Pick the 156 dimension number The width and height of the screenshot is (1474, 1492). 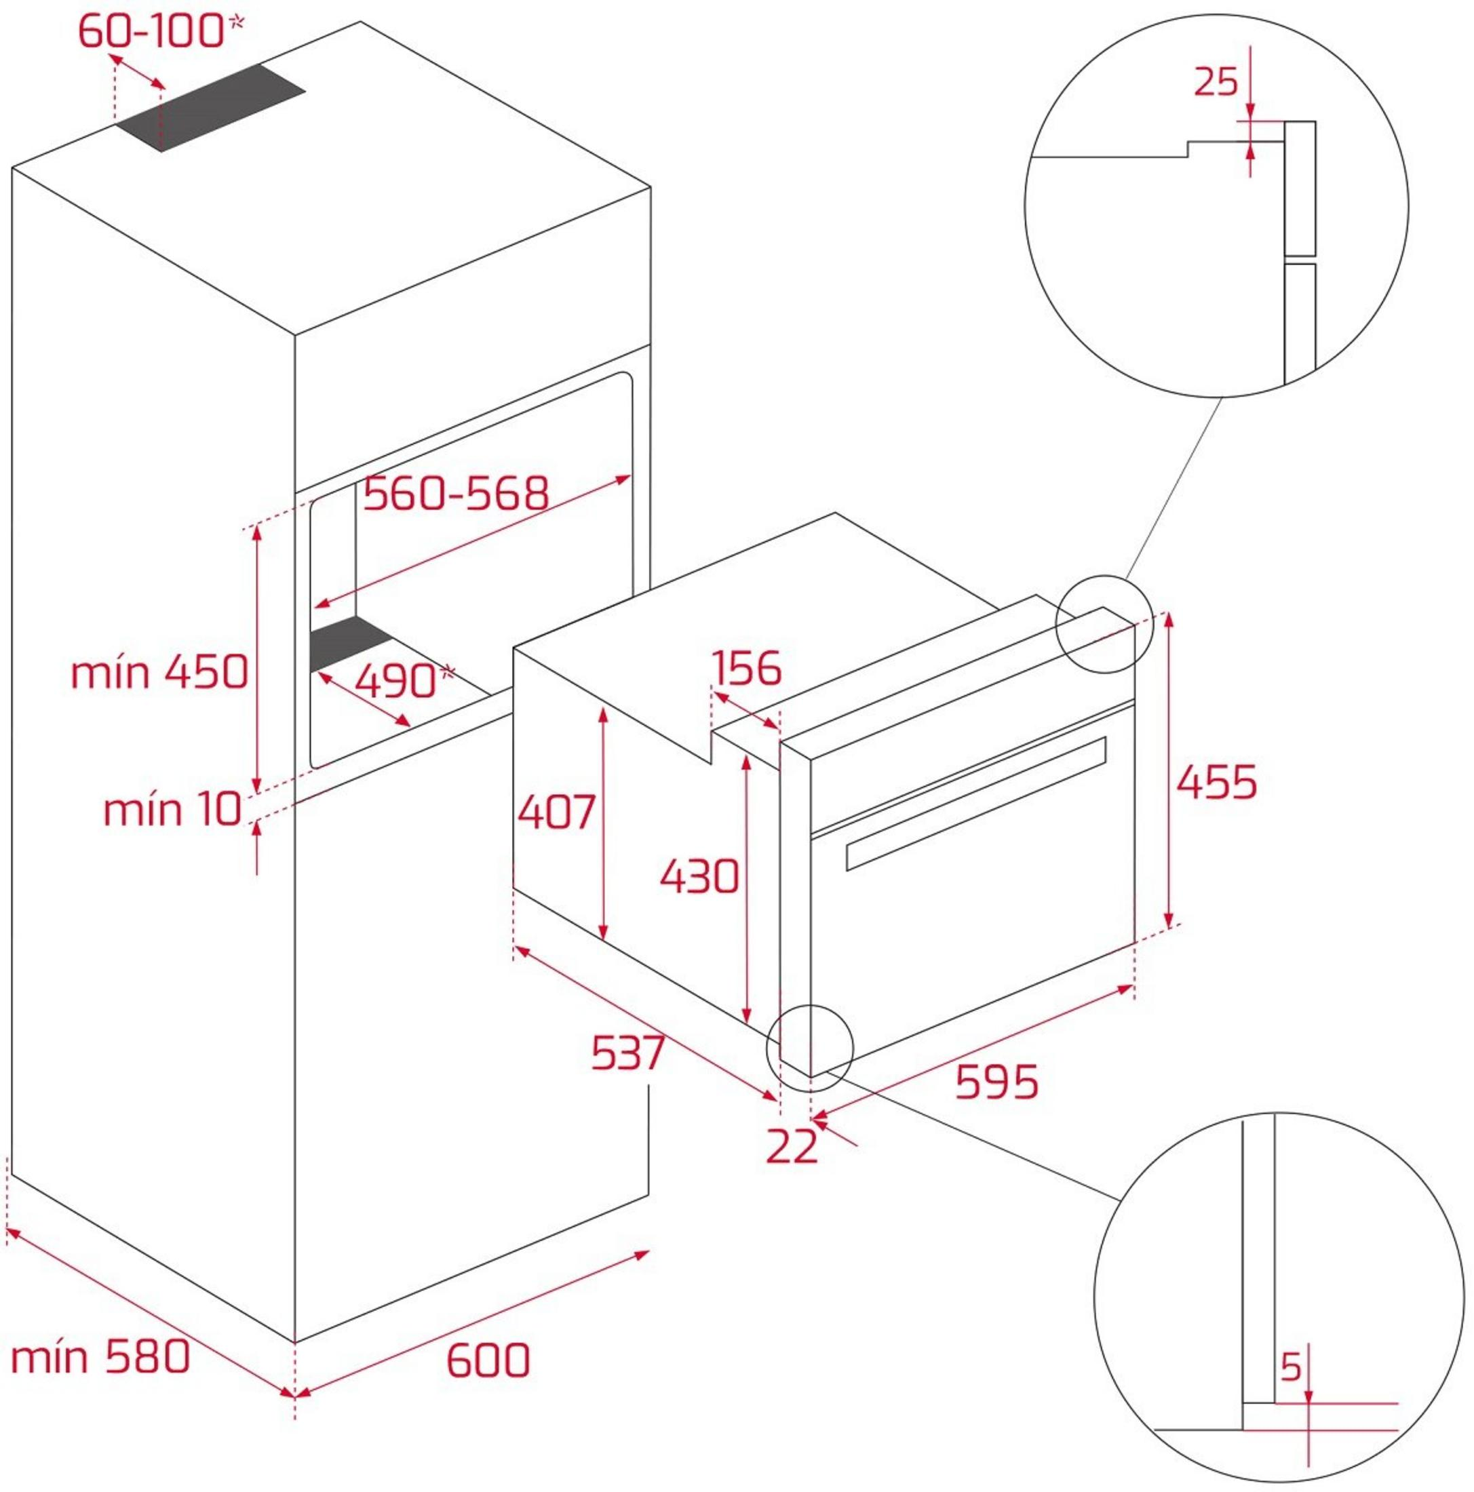tap(746, 668)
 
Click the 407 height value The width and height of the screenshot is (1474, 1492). tap(556, 812)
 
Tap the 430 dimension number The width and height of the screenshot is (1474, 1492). tap(699, 876)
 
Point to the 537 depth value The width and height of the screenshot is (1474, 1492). tap(628, 1053)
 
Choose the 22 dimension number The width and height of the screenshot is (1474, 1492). tap(792, 1146)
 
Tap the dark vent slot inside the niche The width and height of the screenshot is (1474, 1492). tap(350, 644)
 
